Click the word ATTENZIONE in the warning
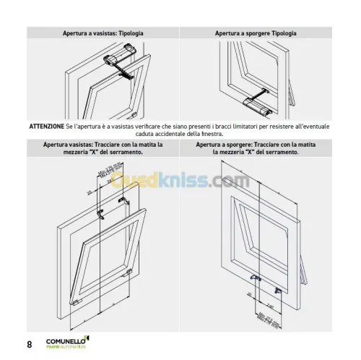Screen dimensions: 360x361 pos(46,127)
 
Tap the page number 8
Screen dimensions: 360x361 pos(30,344)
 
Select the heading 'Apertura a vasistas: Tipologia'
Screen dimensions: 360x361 pos(103,33)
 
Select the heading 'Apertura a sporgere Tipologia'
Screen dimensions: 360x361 pos(256,33)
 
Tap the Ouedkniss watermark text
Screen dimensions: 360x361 pos(180,181)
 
